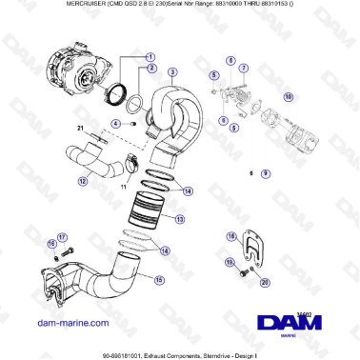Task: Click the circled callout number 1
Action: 150,56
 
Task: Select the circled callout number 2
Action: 150,70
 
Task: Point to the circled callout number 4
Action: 116,124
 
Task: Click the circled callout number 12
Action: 83,180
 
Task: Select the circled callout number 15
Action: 159,280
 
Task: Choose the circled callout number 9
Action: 266,174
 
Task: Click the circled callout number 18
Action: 230,236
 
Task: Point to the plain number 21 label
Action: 81,129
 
